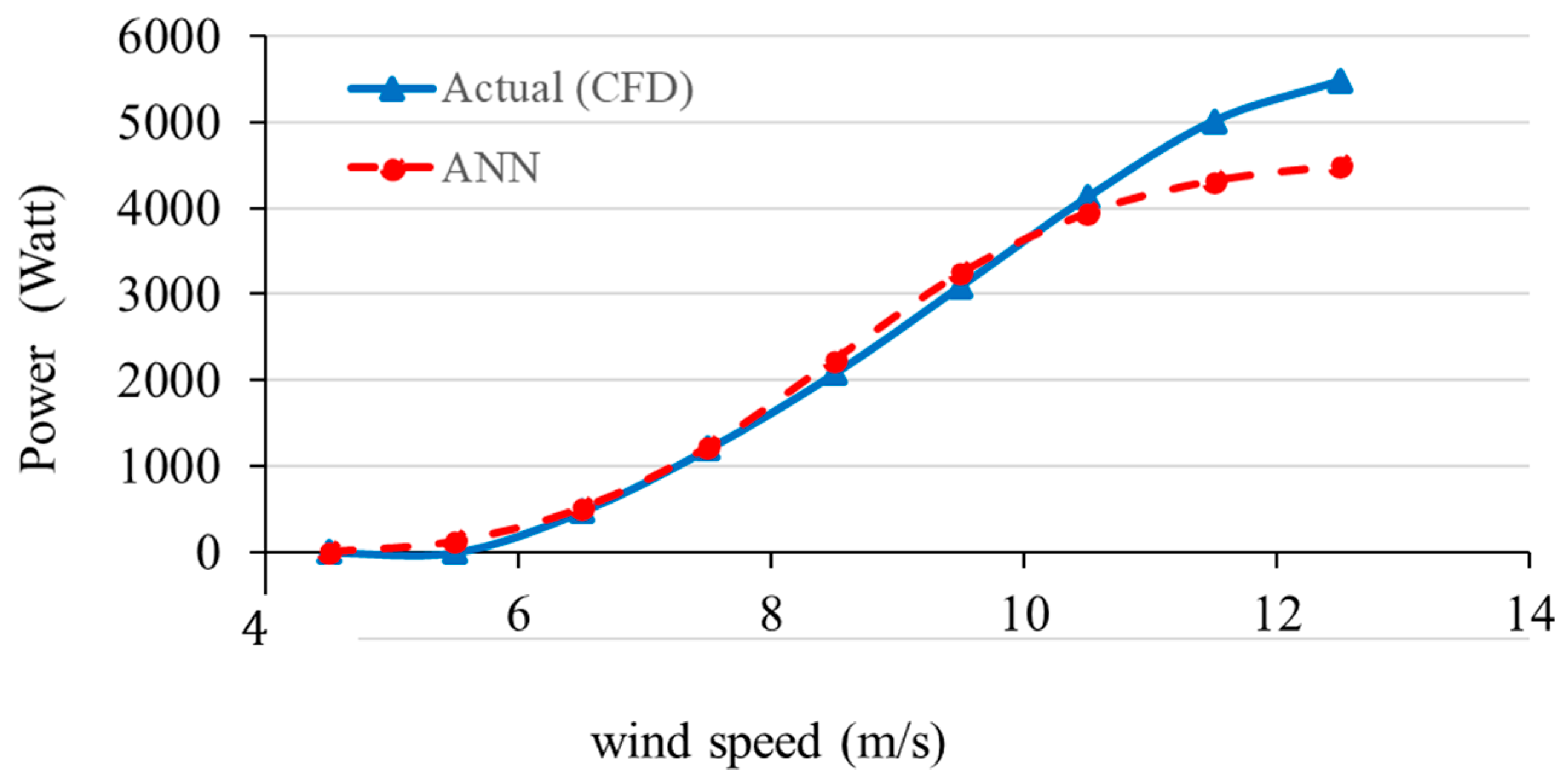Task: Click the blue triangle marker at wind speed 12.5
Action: point(1339,82)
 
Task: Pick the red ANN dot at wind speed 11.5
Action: point(1215,182)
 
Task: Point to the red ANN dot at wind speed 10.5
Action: point(1088,213)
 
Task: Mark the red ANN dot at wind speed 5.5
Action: point(457,541)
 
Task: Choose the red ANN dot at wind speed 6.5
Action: point(583,509)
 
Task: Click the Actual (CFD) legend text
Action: point(567,88)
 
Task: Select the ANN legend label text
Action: point(490,168)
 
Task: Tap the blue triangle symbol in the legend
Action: point(392,89)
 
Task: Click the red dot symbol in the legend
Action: point(392,169)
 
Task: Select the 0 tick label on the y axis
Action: point(207,554)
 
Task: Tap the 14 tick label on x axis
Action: point(1530,616)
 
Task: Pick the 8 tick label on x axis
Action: point(771,616)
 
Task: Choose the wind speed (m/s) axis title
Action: point(768,742)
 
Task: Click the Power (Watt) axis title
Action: point(39,328)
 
